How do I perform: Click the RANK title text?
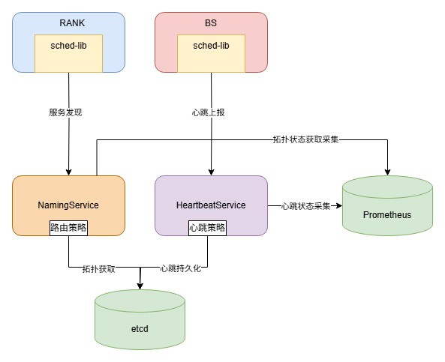tap(72, 23)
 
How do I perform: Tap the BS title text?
tap(211, 23)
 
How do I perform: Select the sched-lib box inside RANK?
tap(69, 53)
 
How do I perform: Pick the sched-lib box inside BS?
tap(211, 53)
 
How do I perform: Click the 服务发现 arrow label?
tap(65, 112)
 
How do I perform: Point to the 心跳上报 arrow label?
tap(209, 112)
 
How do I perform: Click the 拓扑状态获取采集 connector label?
tap(305, 139)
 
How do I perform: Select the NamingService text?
tap(68, 205)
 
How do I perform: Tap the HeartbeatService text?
tap(211, 205)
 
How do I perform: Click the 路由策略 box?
tap(69, 228)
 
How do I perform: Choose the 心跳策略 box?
tap(207, 228)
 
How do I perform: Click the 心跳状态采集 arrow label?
tap(305, 206)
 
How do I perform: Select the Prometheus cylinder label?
tap(387, 215)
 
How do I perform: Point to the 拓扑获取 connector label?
tap(99, 269)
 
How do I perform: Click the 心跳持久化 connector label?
tap(181, 268)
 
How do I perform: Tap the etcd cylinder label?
tap(140, 329)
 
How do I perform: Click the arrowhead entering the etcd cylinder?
tap(140, 286)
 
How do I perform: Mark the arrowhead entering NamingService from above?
tap(69, 172)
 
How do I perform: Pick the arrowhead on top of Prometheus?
tap(388, 172)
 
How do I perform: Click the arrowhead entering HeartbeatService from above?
tap(211, 172)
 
